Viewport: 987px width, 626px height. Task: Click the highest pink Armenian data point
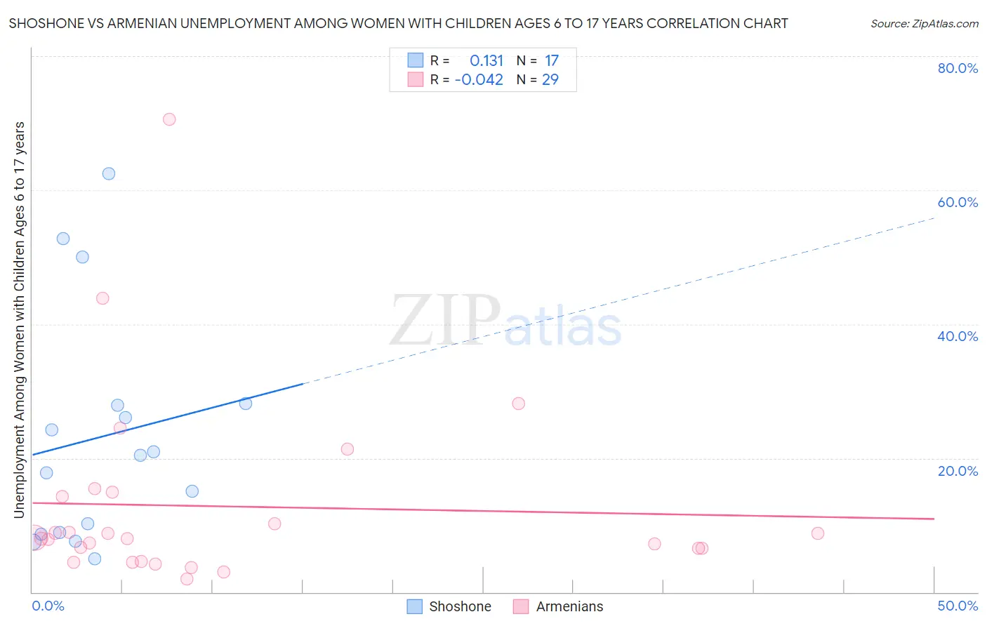pos(169,119)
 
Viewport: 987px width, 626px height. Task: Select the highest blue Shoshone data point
pos(109,173)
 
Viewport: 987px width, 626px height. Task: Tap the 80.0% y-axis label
pos(958,68)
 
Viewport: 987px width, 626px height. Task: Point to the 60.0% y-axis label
pos(958,202)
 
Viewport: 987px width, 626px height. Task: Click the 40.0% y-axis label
pos(958,336)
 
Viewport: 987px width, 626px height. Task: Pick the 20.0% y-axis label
pos(958,471)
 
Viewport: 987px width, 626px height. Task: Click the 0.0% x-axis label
pos(48,606)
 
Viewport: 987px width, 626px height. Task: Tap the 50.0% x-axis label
pos(958,606)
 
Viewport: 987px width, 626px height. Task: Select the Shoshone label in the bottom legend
pos(460,606)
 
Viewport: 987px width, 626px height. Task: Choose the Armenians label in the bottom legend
pos(569,606)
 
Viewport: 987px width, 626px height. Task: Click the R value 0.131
pos(486,61)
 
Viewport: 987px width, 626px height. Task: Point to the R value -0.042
pos(479,80)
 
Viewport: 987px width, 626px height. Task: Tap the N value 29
pos(550,80)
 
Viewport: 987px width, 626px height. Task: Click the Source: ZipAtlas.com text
pos(925,24)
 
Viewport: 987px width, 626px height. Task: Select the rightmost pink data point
pos(817,533)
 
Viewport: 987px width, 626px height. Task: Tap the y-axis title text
pos(20,320)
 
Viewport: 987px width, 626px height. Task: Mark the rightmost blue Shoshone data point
pos(246,404)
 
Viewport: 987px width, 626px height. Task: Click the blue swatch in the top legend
pos(416,60)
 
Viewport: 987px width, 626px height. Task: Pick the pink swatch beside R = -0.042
pos(416,79)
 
